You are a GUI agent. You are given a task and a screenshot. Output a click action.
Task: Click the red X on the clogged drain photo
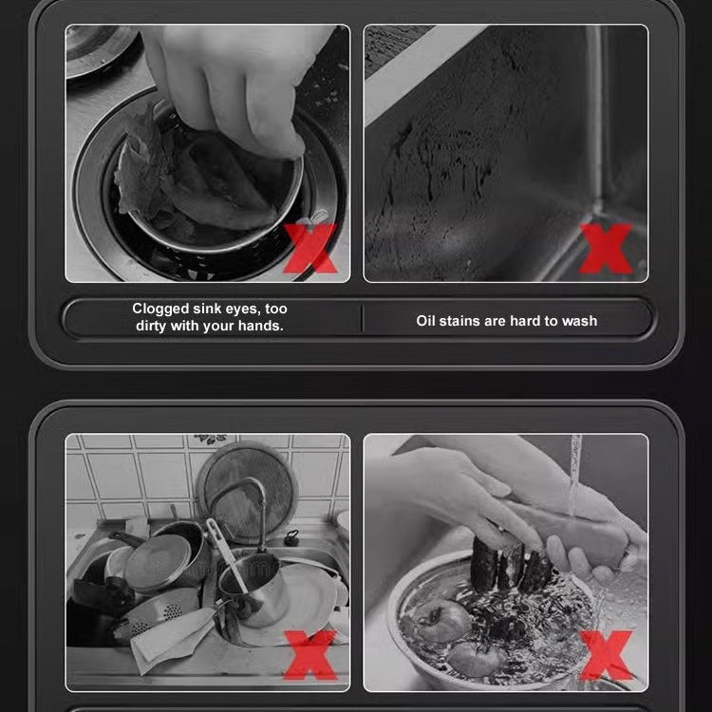pyautogui.click(x=309, y=249)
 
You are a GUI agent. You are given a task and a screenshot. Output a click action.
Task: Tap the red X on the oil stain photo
pyautogui.click(x=606, y=249)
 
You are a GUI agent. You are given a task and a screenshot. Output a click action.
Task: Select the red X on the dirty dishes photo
pyautogui.click(x=309, y=655)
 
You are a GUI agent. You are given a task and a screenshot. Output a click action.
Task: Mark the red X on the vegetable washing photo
pyautogui.click(x=606, y=655)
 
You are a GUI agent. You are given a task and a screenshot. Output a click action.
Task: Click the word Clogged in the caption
pyautogui.click(x=161, y=309)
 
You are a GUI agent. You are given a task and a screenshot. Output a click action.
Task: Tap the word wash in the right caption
pyautogui.click(x=579, y=321)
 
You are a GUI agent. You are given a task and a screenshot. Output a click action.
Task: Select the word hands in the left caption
pyautogui.click(x=262, y=326)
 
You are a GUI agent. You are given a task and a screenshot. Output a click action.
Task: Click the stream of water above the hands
pyautogui.click(x=574, y=475)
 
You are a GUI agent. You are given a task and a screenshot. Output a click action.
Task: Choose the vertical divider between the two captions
pyautogui.click(x=362, y=319)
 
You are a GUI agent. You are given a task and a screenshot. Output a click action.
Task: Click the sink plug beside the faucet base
pyautogui.click(x=290, y=538)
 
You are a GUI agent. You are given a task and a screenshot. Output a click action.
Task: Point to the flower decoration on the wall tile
pyautogui.click(x=211, y=440)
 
